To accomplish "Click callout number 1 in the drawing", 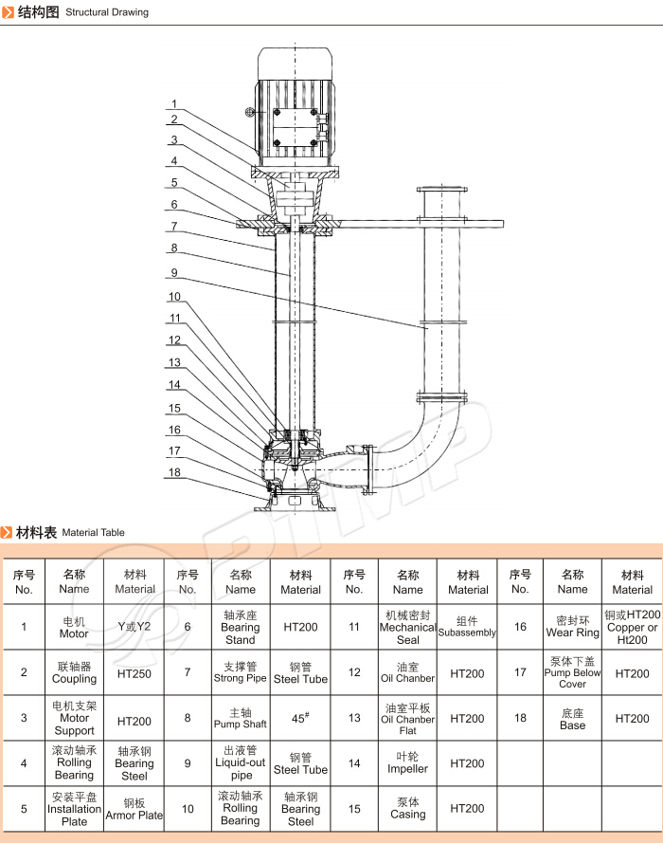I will coord(174,104).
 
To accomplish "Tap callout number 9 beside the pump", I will coord(174,272).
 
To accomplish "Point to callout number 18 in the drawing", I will coord(174,471).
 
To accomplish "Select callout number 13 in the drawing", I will coord(174,362).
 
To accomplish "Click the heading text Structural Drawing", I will coord(107,13).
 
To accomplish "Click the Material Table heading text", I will coord(93,533).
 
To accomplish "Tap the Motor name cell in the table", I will coord(74,627).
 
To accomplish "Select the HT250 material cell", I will coord(134,672).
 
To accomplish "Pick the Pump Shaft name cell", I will coord(241,718).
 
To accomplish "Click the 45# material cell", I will coord(301,718).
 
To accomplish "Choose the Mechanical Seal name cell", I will coord(408,627).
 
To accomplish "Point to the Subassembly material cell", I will coord(468,627).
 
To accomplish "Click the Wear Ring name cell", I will coord(573,627).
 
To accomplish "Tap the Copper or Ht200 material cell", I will coord(633,627).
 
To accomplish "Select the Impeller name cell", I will coord(408,763).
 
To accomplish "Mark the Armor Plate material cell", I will coord(134,809).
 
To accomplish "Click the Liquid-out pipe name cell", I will coord(241,763).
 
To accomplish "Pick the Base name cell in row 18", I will coord(573,718).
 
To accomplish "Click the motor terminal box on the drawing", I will coord(297,124).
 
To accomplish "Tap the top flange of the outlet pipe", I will coord(441,190).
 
